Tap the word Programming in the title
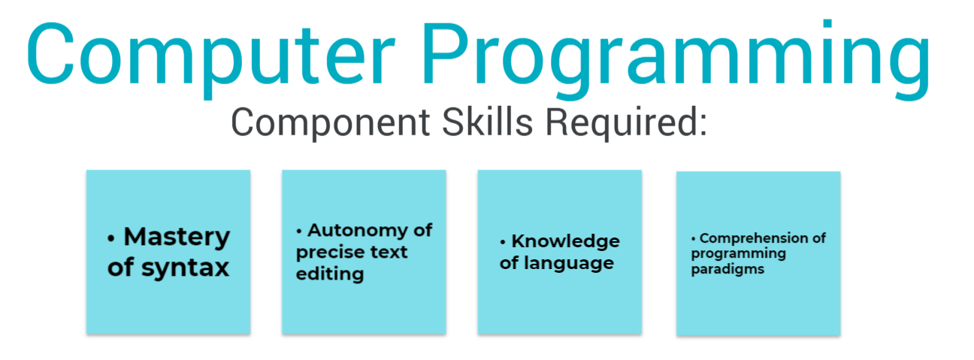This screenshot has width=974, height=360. pos(676,59)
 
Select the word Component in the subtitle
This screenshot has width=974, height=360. pos(331,123)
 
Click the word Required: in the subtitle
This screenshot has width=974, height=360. pos(626,123)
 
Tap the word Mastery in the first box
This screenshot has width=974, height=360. pos(177,237)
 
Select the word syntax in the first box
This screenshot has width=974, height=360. pos(185,268)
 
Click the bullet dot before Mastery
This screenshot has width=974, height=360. pos(111,238)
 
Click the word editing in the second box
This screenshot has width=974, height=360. pos(330,274)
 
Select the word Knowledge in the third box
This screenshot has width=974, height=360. pos(565,242)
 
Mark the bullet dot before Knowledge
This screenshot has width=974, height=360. pos(503,242)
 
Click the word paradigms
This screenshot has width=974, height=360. pos(727,270)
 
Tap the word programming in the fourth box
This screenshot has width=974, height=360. pos(738,254)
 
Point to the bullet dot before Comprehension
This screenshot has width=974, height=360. pos(693,239)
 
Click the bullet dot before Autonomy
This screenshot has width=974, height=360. pos(298,231)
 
